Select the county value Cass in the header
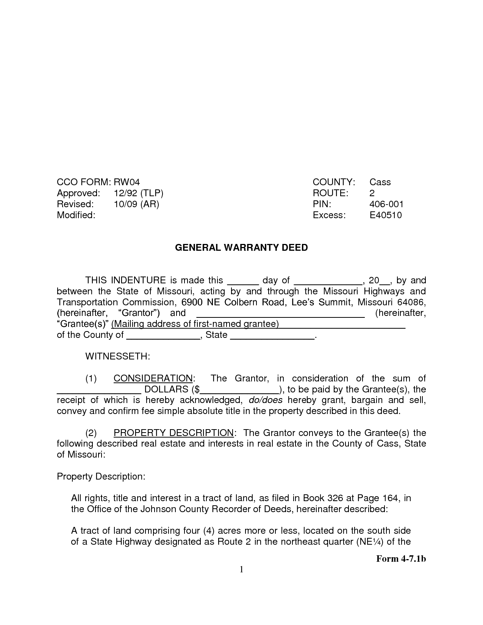tap(380, 182)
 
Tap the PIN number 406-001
tap(386, 204)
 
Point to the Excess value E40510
tap(386, 215)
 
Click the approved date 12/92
tap(125, 193)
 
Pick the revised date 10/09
tap(125, 204)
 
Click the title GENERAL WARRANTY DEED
tap(241, 248)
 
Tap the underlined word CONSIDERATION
tap(153, 378)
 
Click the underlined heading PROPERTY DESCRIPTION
tap(174, 433)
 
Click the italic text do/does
tap(266, 400)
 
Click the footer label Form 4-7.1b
tap(401, 559)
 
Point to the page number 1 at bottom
tap(241, 569)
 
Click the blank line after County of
tap(163, 336)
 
